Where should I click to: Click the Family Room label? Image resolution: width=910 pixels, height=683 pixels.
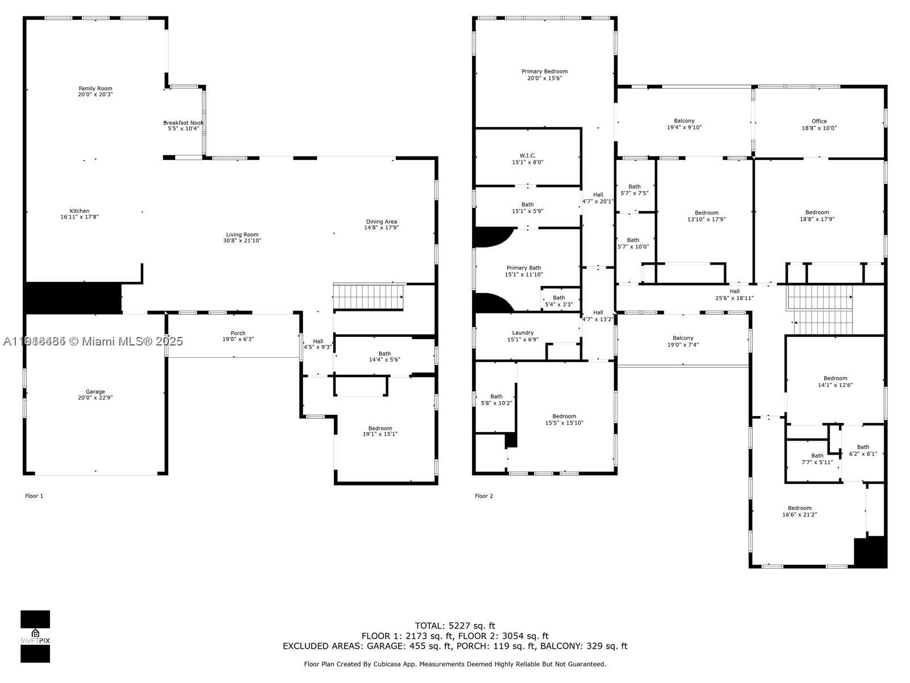96,88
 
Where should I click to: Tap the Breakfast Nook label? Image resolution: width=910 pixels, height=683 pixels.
183,123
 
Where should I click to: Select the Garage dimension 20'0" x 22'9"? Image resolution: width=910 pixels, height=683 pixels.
96,398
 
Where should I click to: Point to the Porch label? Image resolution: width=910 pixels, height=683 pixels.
238,333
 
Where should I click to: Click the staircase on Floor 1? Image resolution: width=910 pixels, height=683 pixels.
368,297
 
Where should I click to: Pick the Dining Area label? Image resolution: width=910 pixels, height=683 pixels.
381,221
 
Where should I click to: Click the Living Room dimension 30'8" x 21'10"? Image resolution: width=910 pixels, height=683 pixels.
242,241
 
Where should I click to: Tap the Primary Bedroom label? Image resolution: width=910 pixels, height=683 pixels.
544,71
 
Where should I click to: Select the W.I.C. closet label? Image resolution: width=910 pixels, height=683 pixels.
527,155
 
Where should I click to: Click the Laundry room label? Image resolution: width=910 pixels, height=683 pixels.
523,332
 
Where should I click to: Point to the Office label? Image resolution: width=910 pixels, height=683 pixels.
819,121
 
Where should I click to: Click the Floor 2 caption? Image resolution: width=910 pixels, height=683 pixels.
483,496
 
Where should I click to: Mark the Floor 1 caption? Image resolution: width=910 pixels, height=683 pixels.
34,496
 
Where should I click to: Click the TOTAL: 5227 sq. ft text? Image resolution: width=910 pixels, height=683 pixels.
455,626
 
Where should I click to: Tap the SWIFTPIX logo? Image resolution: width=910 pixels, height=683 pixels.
35,636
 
